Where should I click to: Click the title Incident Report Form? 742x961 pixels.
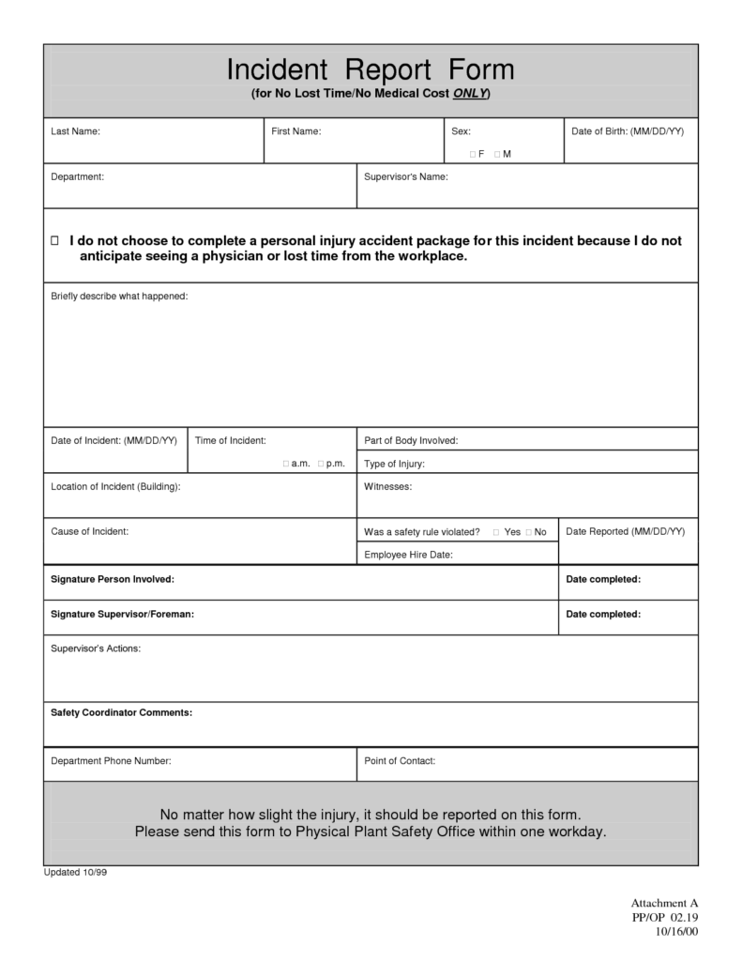371,69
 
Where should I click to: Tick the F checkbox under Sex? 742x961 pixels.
472,154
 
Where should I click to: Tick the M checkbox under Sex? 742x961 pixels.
496,154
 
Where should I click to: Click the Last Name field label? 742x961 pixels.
75,131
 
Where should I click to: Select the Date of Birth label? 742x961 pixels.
627,131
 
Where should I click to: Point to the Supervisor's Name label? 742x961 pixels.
405,176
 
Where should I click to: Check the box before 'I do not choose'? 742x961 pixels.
54,241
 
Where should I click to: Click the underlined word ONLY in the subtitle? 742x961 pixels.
469,95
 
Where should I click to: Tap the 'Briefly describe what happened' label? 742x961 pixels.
119,297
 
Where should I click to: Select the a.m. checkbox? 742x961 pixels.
286,464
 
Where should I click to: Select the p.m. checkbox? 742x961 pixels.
321,464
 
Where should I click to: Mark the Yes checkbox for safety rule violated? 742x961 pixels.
496,532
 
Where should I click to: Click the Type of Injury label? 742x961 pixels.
394,464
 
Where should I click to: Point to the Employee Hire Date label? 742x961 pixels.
408,555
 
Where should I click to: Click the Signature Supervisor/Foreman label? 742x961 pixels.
122,614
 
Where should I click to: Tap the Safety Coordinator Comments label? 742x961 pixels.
121,712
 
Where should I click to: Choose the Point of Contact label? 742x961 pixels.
399,761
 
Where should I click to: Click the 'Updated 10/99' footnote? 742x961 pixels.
76,872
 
